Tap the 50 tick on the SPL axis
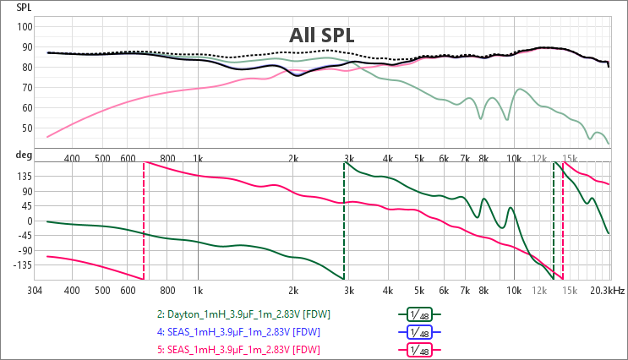[26, 128]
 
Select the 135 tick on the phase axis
[23, 177]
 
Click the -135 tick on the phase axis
[21, 265]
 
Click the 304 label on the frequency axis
[35, 290]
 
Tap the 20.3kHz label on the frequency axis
[608, 290]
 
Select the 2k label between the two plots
[292, 157]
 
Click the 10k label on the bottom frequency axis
[513, 290]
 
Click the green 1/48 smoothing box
[419, 314]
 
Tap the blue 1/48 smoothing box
[419, 332]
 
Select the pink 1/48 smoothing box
[419, 350]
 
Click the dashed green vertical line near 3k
[343, 220]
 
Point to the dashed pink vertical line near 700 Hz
[144, 220]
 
